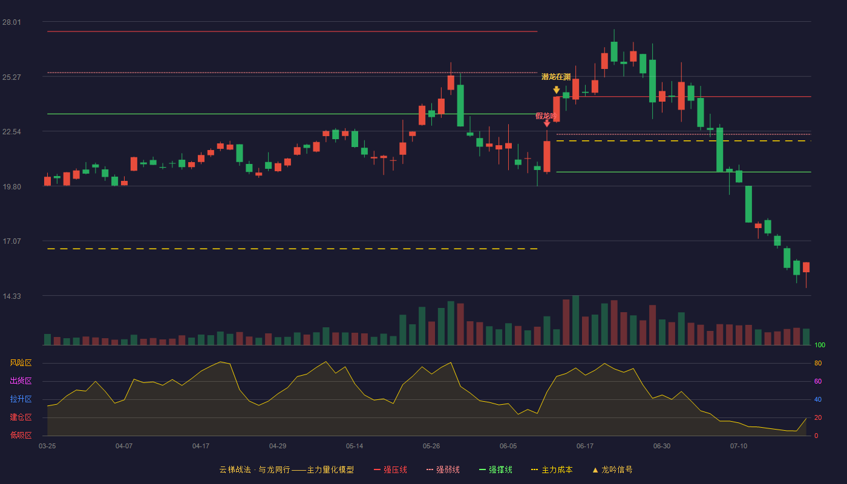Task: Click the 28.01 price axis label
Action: pyautogui.click(x=11, y=22)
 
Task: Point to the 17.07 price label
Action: pyautogui.click(x=11, y=241)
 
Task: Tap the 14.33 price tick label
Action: pyautogui.click(x=11, y=296)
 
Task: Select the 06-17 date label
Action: pyautogui.click(x=585, y=446)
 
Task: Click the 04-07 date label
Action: pyautogui.click(x=124, y=446)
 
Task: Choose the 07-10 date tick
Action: pyautogui.click(x=739, y=446)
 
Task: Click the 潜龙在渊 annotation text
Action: pyautogui.click(x=556, y=77)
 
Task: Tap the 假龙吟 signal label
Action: pyautogui.click(x=546, y=116)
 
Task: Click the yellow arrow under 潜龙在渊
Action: pyautogui.click(x=556, y=90)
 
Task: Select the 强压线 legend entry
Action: pyautogui.click(x=390, y=469)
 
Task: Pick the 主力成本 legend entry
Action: pyautogui.click(x=552, y=469)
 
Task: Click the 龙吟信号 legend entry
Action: pyautogui.click(x=612, y=469)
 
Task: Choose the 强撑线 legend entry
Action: pyautogui.click(x=495, y=469)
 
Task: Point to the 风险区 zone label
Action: pyautogui.click(x=21, y=363)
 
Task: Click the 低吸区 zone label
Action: pyautogui.click(x=21, y=436)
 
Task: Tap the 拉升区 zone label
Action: pyautogui.click(x=21, y=399)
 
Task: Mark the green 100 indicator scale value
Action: pyautogui.click(x=820, y=345)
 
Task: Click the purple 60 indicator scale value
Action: pyautogui.click(x=818, y=381)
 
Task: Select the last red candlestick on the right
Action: pyautogui.click(x=806, y=267)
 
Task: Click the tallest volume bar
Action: pyautogui.click(x=575, y=320)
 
